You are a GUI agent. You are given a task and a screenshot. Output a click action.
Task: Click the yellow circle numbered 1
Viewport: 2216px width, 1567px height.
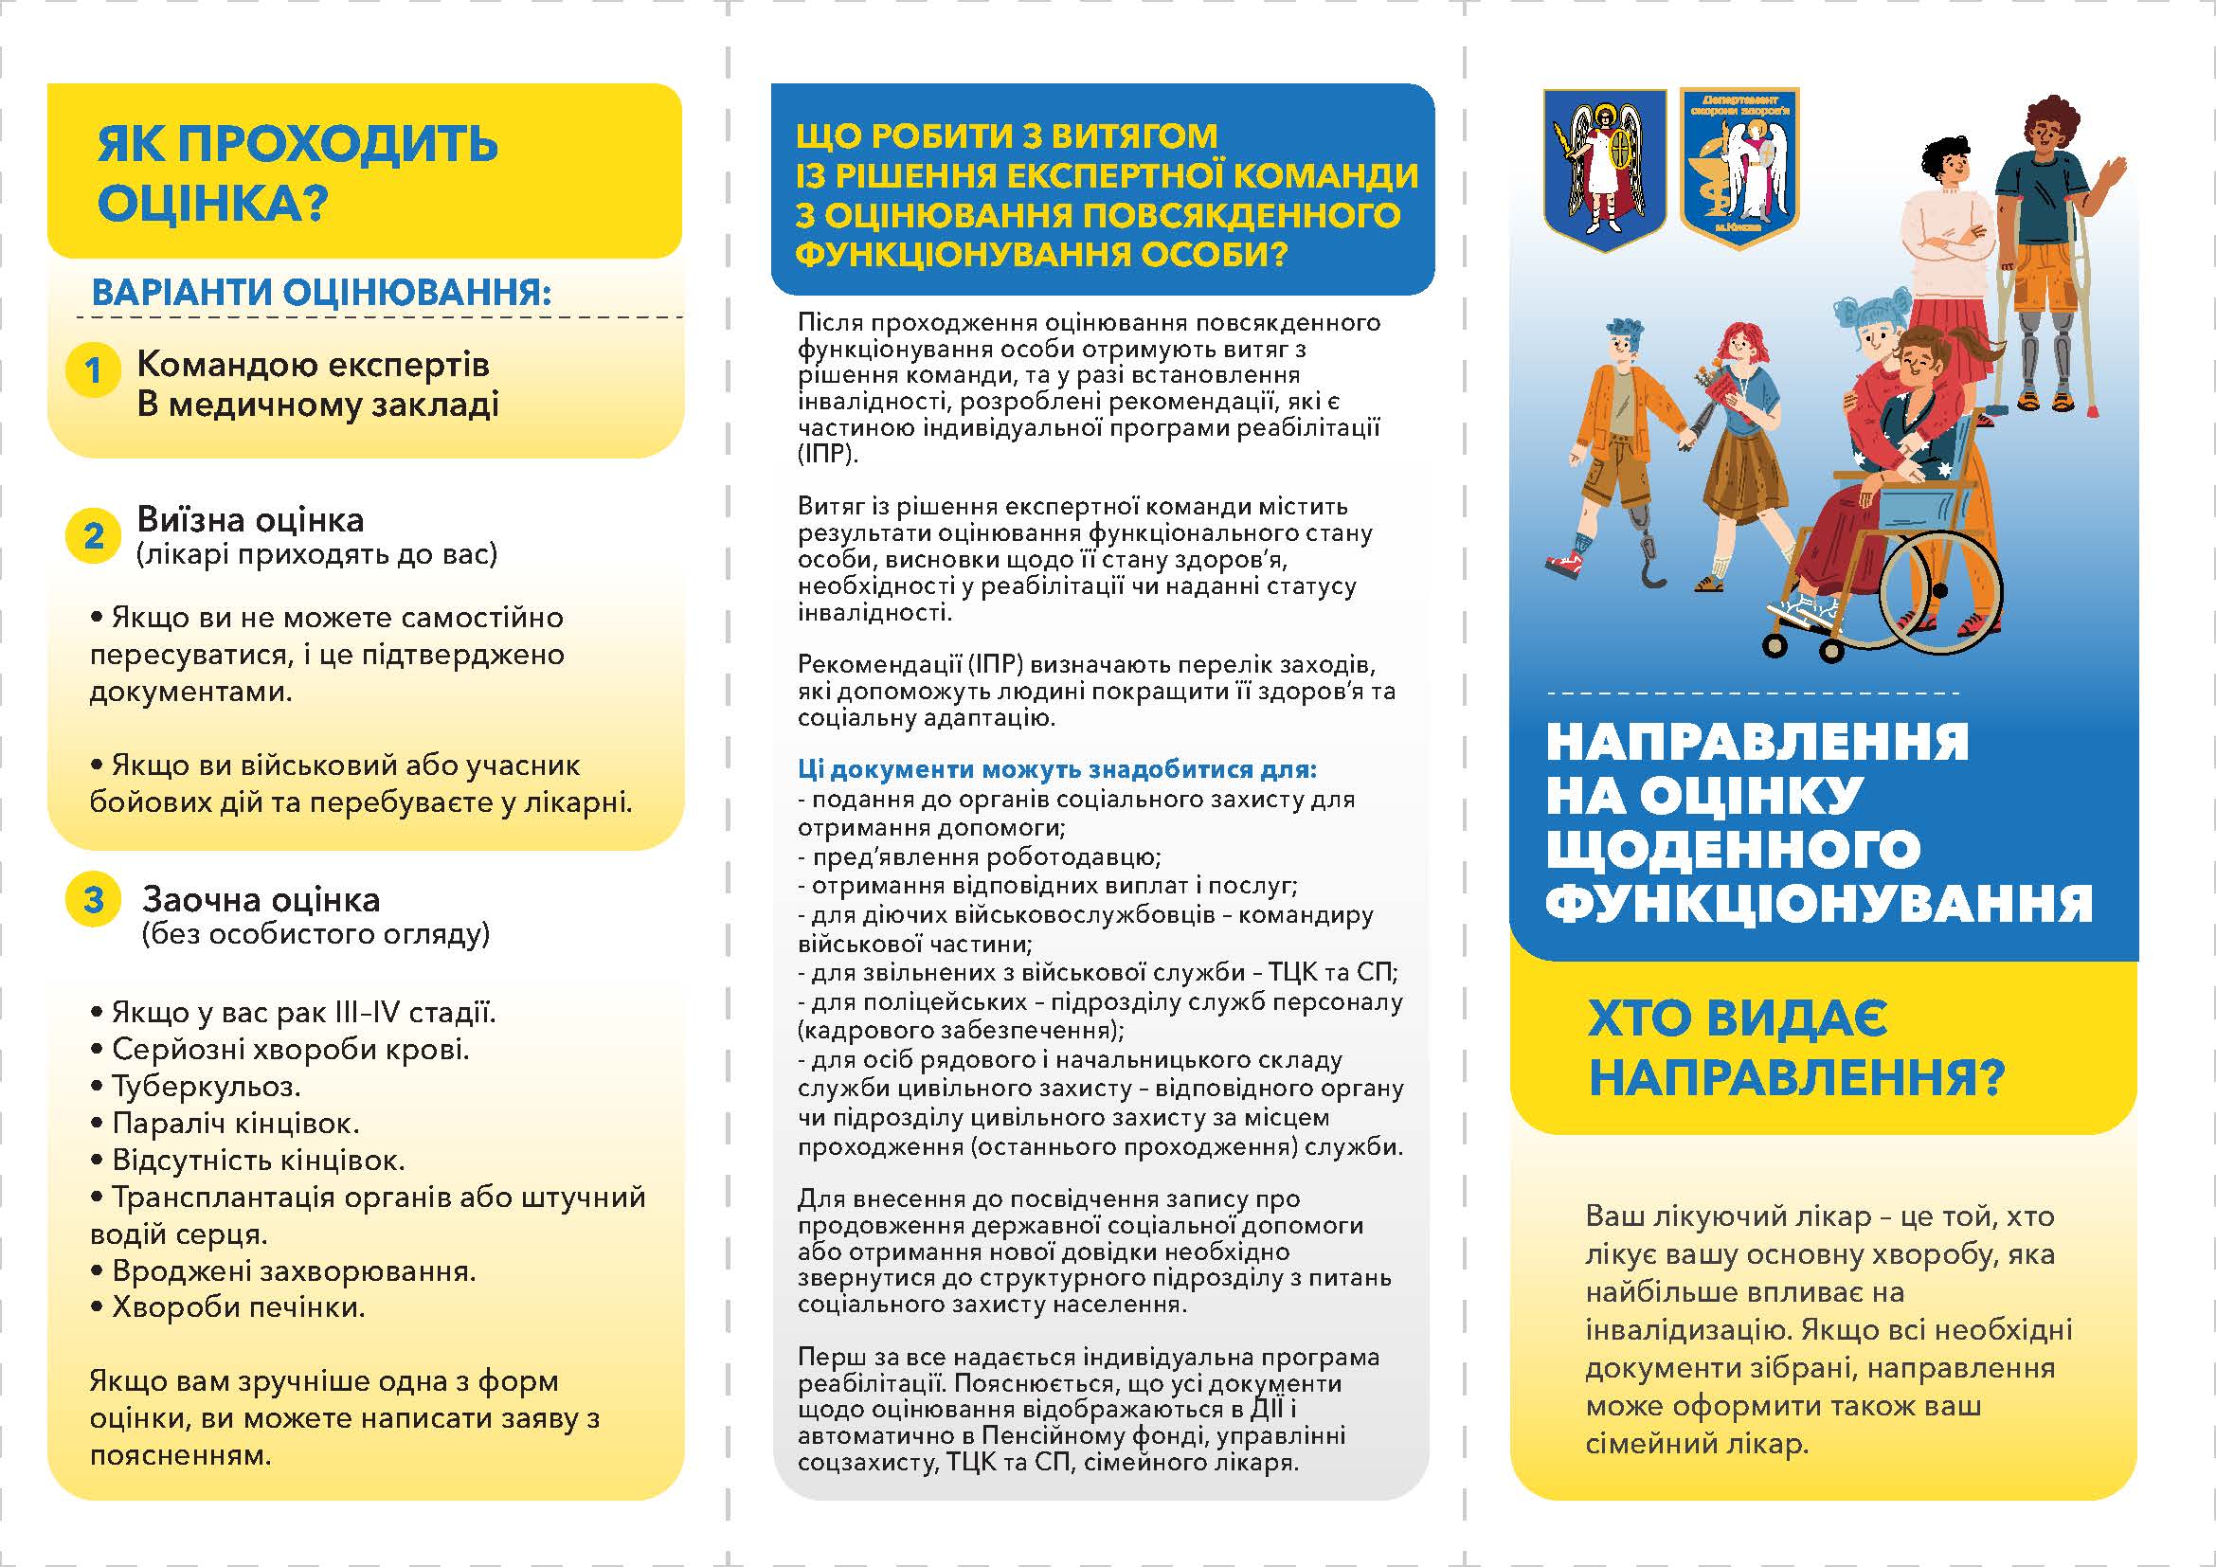(x=93, y=369)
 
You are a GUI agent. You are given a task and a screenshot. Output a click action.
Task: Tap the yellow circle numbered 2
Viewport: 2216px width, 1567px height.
(x=93, y=535)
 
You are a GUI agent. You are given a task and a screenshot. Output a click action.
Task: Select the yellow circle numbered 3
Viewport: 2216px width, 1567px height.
(x=93, y=899)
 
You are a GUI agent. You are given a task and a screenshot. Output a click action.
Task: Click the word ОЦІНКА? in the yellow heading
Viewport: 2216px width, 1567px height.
(x=212, y=204)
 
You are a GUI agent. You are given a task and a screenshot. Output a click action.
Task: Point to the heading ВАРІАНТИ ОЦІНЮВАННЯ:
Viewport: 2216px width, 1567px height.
(x=320, y=293)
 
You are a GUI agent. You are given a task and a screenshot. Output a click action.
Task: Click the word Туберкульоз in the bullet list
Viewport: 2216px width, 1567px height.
(x=206, y=1087)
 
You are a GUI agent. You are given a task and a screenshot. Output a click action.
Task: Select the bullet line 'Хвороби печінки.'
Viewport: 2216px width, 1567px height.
(x=227, y=1307)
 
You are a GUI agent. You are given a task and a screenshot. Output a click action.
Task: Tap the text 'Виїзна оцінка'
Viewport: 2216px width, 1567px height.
(x=250, y=520)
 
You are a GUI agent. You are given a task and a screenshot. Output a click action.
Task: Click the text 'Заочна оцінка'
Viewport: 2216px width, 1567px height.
(x=261, y=900)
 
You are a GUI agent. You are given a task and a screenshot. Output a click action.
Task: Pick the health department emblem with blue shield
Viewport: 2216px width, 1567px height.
(x=1739, y=166)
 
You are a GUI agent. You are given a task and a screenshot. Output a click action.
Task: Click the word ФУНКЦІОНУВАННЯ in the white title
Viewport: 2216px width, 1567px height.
(x=1818, y=903)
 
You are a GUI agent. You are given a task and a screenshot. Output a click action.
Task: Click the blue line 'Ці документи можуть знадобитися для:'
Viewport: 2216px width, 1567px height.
(x=1057, y=769)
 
